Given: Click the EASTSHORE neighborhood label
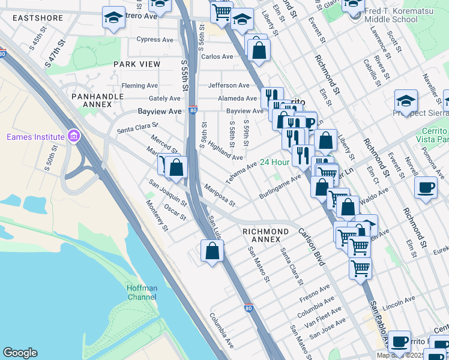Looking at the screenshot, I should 37,18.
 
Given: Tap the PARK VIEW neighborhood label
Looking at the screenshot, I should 137,64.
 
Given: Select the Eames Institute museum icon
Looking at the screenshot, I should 73,137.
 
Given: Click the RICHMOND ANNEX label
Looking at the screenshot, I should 265,235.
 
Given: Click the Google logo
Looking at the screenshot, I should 20,353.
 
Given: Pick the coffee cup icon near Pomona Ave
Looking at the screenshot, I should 426,188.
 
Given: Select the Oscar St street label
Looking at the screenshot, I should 175,212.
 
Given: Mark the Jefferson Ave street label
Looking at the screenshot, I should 229,86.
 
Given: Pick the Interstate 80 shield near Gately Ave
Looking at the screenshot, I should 192,110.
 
